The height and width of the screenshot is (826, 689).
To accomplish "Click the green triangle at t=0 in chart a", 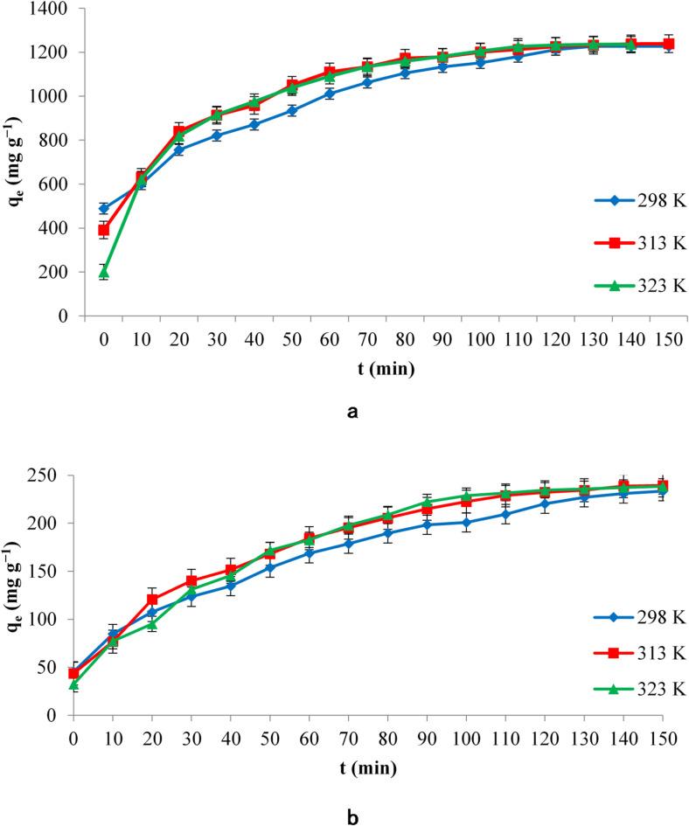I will click(103, 273).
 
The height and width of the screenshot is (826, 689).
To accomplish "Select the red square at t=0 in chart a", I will click(103, 231).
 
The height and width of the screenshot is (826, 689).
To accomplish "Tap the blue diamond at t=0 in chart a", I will click(103, 209).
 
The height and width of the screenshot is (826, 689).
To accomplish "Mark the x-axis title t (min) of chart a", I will click(377, 368).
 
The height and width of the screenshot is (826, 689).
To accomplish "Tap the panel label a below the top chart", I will click(352, 412).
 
